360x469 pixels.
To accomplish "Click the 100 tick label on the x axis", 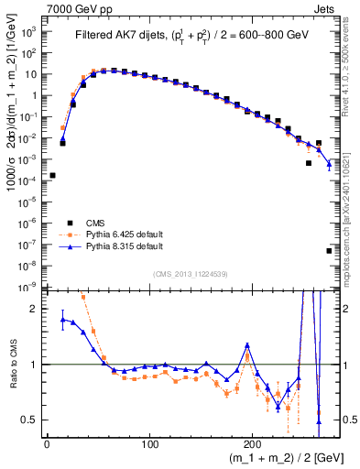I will (150, 443).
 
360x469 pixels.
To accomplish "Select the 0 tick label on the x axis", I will (47, 443).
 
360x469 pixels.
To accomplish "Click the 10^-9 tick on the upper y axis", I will (27, 287).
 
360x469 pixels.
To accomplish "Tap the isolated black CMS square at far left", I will (52, 175).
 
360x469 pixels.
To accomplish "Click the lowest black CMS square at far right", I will (329, 250).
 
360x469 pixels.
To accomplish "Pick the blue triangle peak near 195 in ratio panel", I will (246, 345).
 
